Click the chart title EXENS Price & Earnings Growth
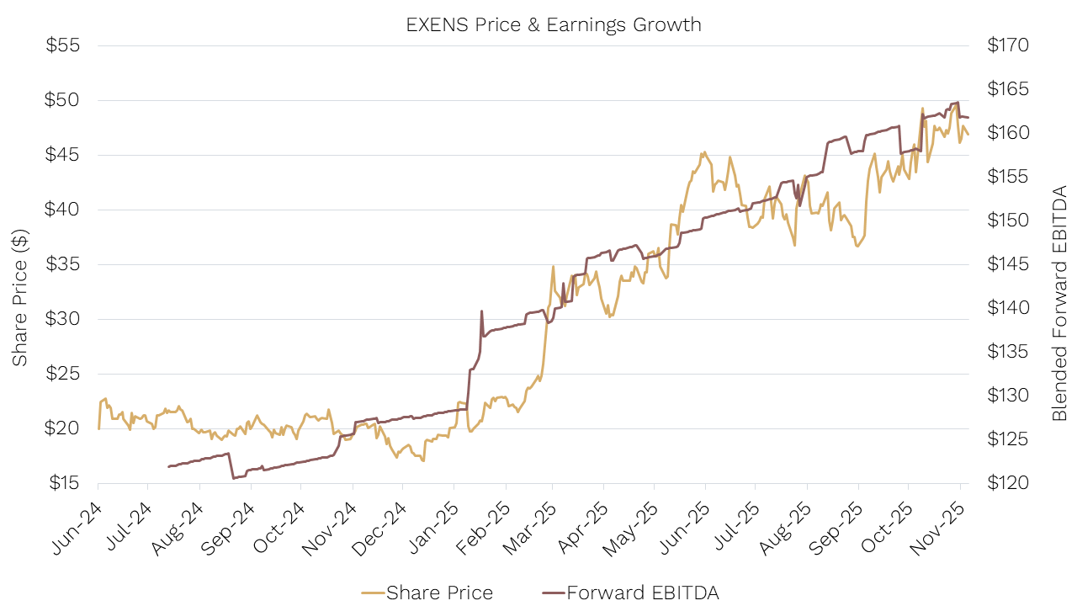pos(553,24)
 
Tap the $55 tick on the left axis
pos(62,45)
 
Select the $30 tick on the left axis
pos(62,319)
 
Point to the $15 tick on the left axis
pos(62,483)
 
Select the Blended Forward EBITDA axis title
pos(1059,303)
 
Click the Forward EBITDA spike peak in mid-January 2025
pos(481,311)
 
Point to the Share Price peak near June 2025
pos(703,152)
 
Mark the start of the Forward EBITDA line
pos(168,466)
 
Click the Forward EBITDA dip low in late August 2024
pos(233,478)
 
